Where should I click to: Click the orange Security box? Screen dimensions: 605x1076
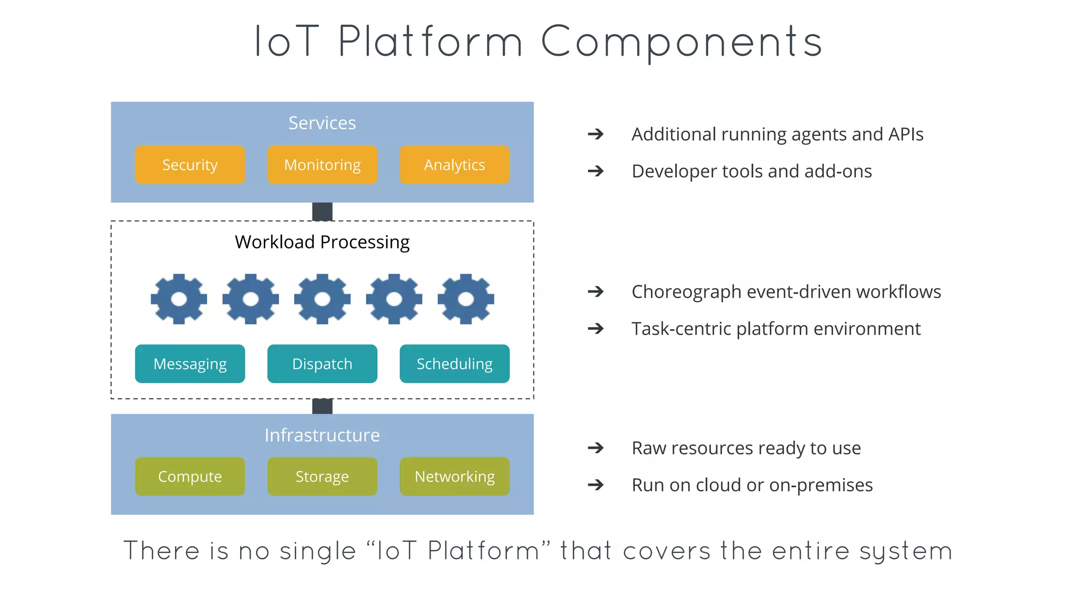190,165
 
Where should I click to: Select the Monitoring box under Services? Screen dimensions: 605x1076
322,165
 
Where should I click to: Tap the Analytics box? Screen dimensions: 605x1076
454,165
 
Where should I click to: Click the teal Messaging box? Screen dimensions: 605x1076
190,364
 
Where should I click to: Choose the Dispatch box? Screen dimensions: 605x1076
322,364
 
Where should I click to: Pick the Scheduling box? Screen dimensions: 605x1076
454,364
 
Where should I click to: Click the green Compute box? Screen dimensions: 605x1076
190,476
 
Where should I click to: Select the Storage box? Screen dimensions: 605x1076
322,476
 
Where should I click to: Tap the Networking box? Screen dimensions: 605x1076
454,476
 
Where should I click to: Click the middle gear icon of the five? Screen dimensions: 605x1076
322,299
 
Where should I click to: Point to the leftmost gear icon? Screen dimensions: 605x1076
179,299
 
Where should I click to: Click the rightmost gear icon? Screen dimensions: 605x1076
465,299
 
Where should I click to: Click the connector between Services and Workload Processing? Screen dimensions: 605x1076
322,212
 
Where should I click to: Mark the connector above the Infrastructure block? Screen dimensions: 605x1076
322,406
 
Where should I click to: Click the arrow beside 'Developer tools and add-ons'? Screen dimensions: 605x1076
596,171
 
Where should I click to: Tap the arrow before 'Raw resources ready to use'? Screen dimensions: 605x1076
596,448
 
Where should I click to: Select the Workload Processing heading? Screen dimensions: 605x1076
322,242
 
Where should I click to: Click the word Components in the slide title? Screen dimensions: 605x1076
681,42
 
